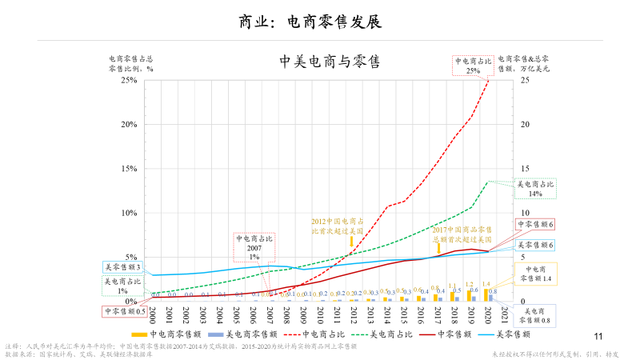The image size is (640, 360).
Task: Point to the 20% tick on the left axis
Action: click(x=128, y=124)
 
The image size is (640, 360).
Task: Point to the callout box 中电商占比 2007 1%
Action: click(x=254, y=247)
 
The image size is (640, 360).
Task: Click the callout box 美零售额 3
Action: click(x=123, y=266)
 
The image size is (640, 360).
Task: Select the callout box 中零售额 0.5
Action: click(x=124, y=311)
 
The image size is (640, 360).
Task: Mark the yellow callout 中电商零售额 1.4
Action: click(x=535, y=273)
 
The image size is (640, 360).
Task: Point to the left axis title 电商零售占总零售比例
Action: click(x=130, y=63)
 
